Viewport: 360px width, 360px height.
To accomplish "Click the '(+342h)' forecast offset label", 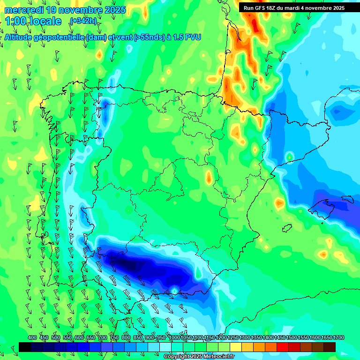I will (x=83, y=21).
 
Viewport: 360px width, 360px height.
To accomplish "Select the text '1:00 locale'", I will (x=33, y=21).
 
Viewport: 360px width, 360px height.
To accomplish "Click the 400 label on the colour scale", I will (x=32, y=338).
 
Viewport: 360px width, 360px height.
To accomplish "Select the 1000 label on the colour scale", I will (x=174, y=338).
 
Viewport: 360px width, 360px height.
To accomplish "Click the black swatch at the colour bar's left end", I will (x=25, y=347).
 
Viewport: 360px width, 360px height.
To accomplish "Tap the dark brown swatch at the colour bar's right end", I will (x=330, y=347).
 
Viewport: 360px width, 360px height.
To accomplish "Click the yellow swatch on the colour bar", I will (x=236, y=347).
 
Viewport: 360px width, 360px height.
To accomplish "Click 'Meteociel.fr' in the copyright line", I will (x=216, y=357).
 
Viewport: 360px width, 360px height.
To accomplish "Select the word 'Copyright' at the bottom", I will (x=176, y=357).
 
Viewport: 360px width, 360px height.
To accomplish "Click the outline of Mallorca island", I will (x=325, y=205).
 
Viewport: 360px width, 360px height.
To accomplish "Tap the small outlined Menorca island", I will (x=348, y=199).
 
